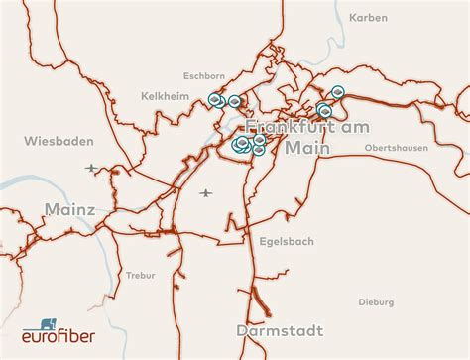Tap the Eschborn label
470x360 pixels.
click(204, 74)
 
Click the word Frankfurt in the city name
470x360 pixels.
click(289, 128)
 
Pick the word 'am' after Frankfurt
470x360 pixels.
click(355, 128)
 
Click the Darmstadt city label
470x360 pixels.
click(282, 329)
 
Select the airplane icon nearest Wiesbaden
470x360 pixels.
click(92, 168)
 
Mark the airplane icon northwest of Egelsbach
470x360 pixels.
click(205, 191)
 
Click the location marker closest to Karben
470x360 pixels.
click(338, 92)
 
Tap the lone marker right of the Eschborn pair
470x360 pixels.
click(235, 100)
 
